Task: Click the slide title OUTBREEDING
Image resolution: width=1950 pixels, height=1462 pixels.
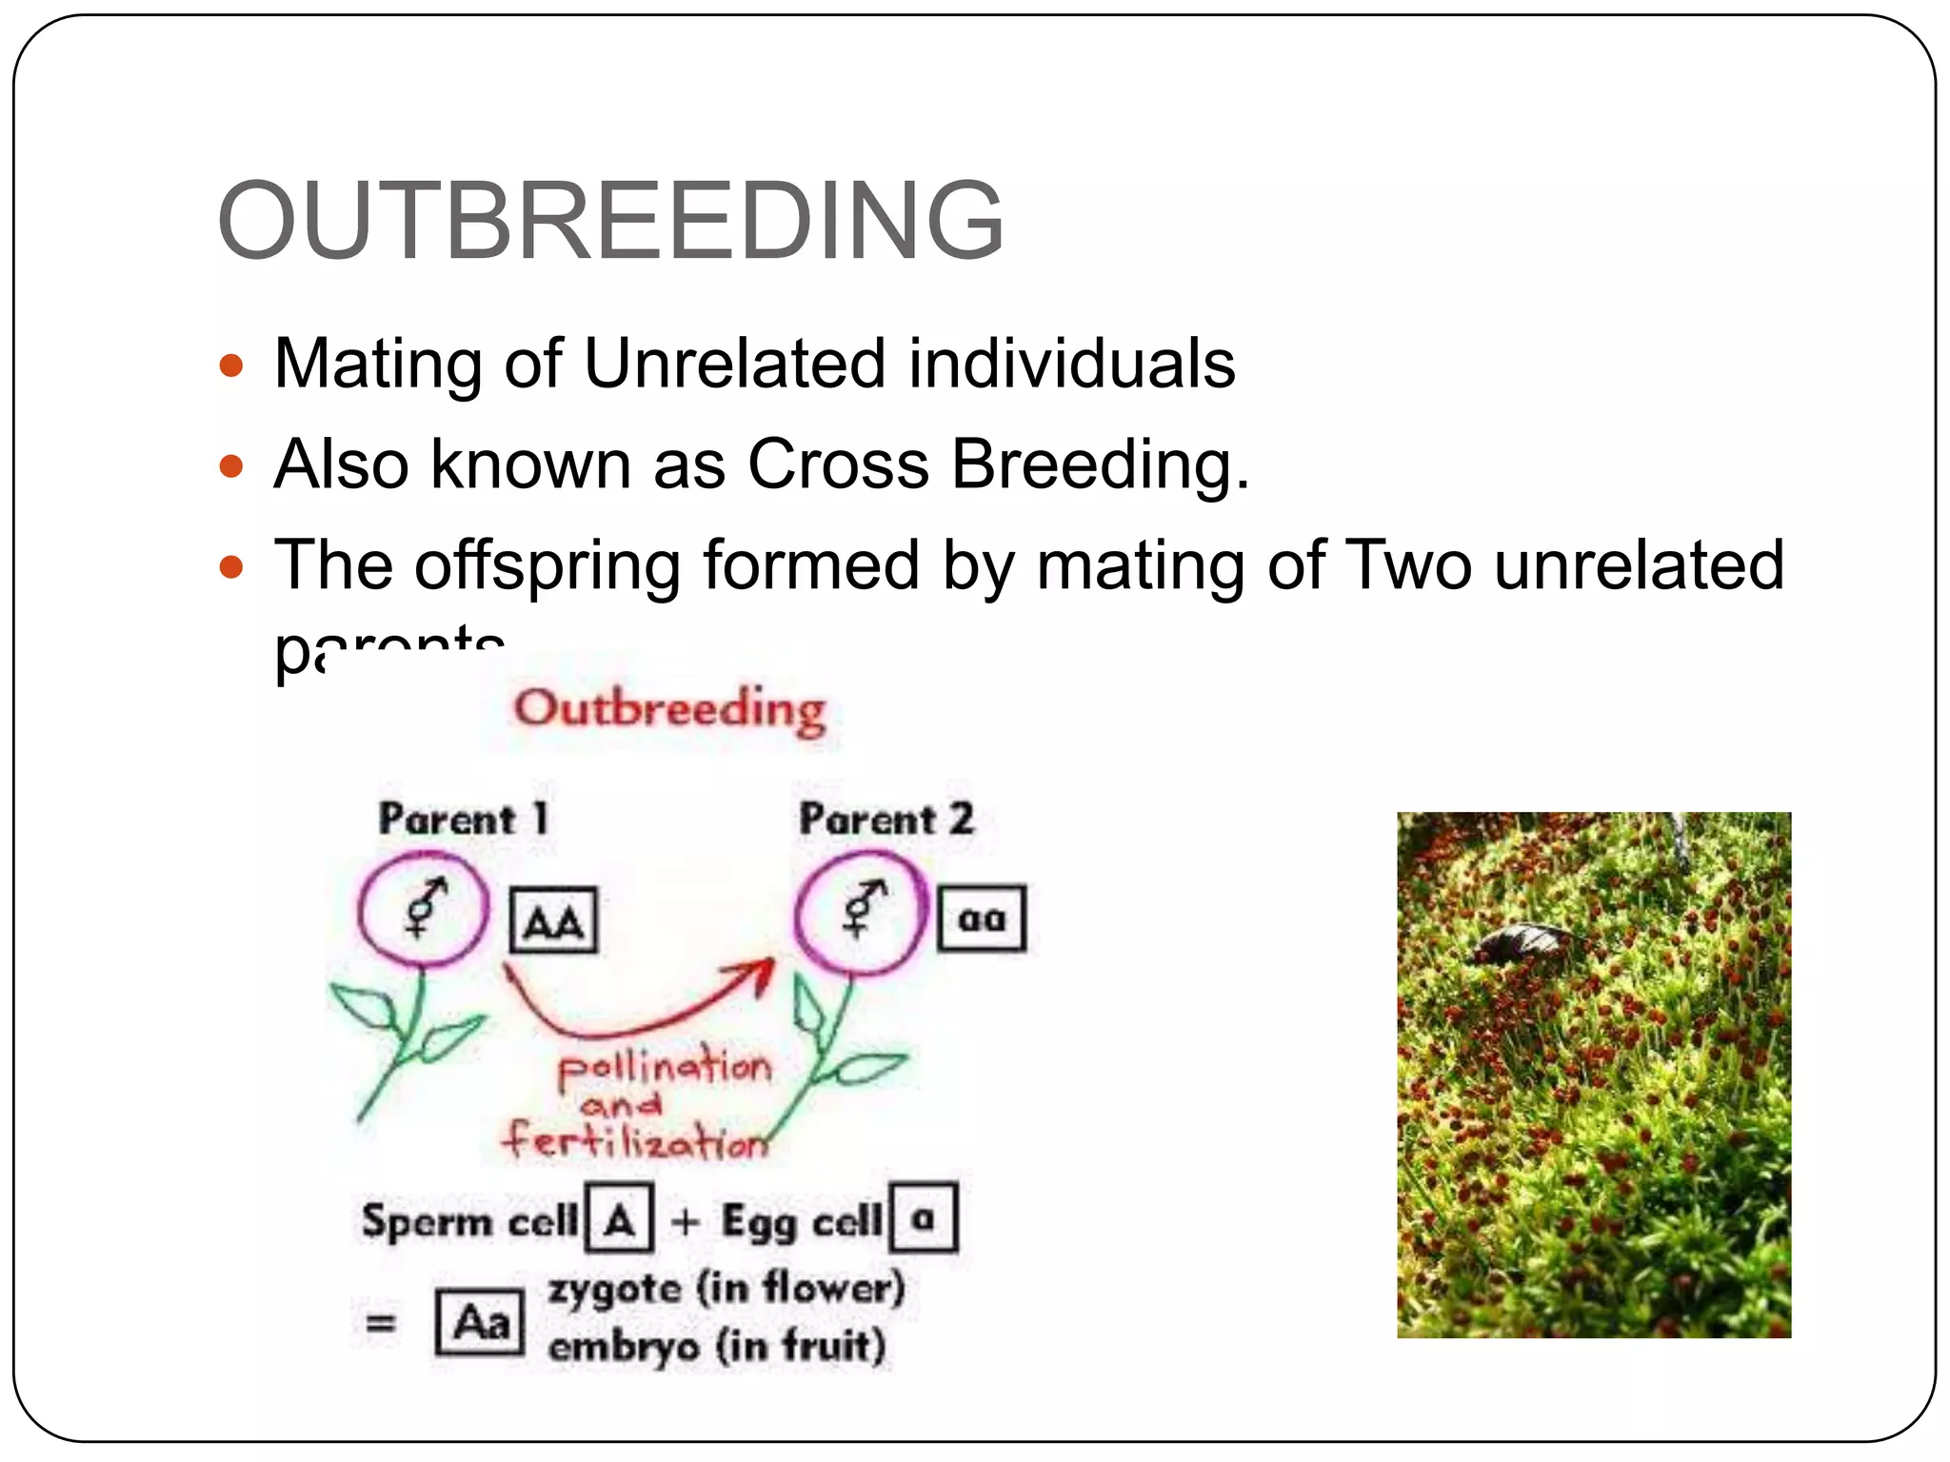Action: click(610, 221)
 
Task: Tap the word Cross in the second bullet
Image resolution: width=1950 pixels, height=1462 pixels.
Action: click(837, 464)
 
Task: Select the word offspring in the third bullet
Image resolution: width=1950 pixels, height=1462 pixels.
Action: click(547, 565)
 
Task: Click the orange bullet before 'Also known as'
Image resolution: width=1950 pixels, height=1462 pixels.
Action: click(231, 466)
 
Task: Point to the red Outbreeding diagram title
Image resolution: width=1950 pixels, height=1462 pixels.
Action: click(670, 710)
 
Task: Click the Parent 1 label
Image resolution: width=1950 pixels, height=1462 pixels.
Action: click(464, 820)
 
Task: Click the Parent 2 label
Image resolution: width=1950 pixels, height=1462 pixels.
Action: click(885, 820)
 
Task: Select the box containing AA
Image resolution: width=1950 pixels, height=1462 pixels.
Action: click(553, 920)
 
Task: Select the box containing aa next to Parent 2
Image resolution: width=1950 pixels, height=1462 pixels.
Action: click(982, 919)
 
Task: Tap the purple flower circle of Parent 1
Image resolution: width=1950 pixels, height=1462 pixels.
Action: click(424, 910)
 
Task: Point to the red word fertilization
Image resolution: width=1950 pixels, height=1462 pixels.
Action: click(635, 1139)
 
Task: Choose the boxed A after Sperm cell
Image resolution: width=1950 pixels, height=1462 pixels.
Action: click(620, 1218)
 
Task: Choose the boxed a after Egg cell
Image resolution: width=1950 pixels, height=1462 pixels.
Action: click(923, 1217)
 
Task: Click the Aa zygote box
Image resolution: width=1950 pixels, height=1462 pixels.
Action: click(480, 1322)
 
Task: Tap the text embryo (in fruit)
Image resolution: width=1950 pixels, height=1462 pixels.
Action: click(717, 1347)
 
